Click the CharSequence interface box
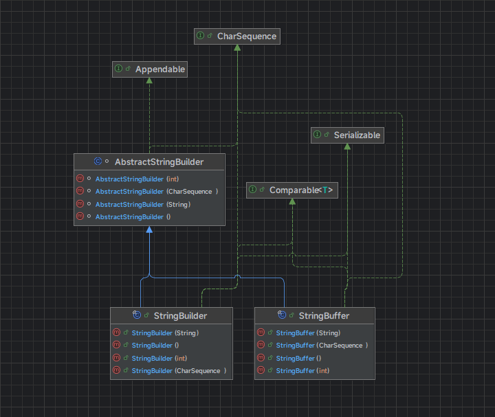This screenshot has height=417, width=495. click(236, 36)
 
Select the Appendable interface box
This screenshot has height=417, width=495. click(150, 69)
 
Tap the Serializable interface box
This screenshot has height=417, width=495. click(346, 135)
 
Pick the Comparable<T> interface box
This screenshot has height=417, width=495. click(292, 190)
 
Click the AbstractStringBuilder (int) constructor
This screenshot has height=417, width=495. click(137, 179)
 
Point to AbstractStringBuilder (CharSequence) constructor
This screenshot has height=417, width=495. click(156, 192)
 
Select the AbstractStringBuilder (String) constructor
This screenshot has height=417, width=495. click(142, 204)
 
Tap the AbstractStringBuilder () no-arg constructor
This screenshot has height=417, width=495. click(133, 216)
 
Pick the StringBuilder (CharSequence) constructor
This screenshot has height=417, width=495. click(178, 370)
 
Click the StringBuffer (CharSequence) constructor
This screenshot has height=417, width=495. click(322, 345)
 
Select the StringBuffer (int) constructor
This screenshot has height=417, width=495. click(302, 370)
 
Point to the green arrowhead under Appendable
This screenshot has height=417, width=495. click(149, 80)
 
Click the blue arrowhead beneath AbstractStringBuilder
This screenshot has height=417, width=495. click(149, 230)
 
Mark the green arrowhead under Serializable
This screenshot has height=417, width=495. click(346, 146)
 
